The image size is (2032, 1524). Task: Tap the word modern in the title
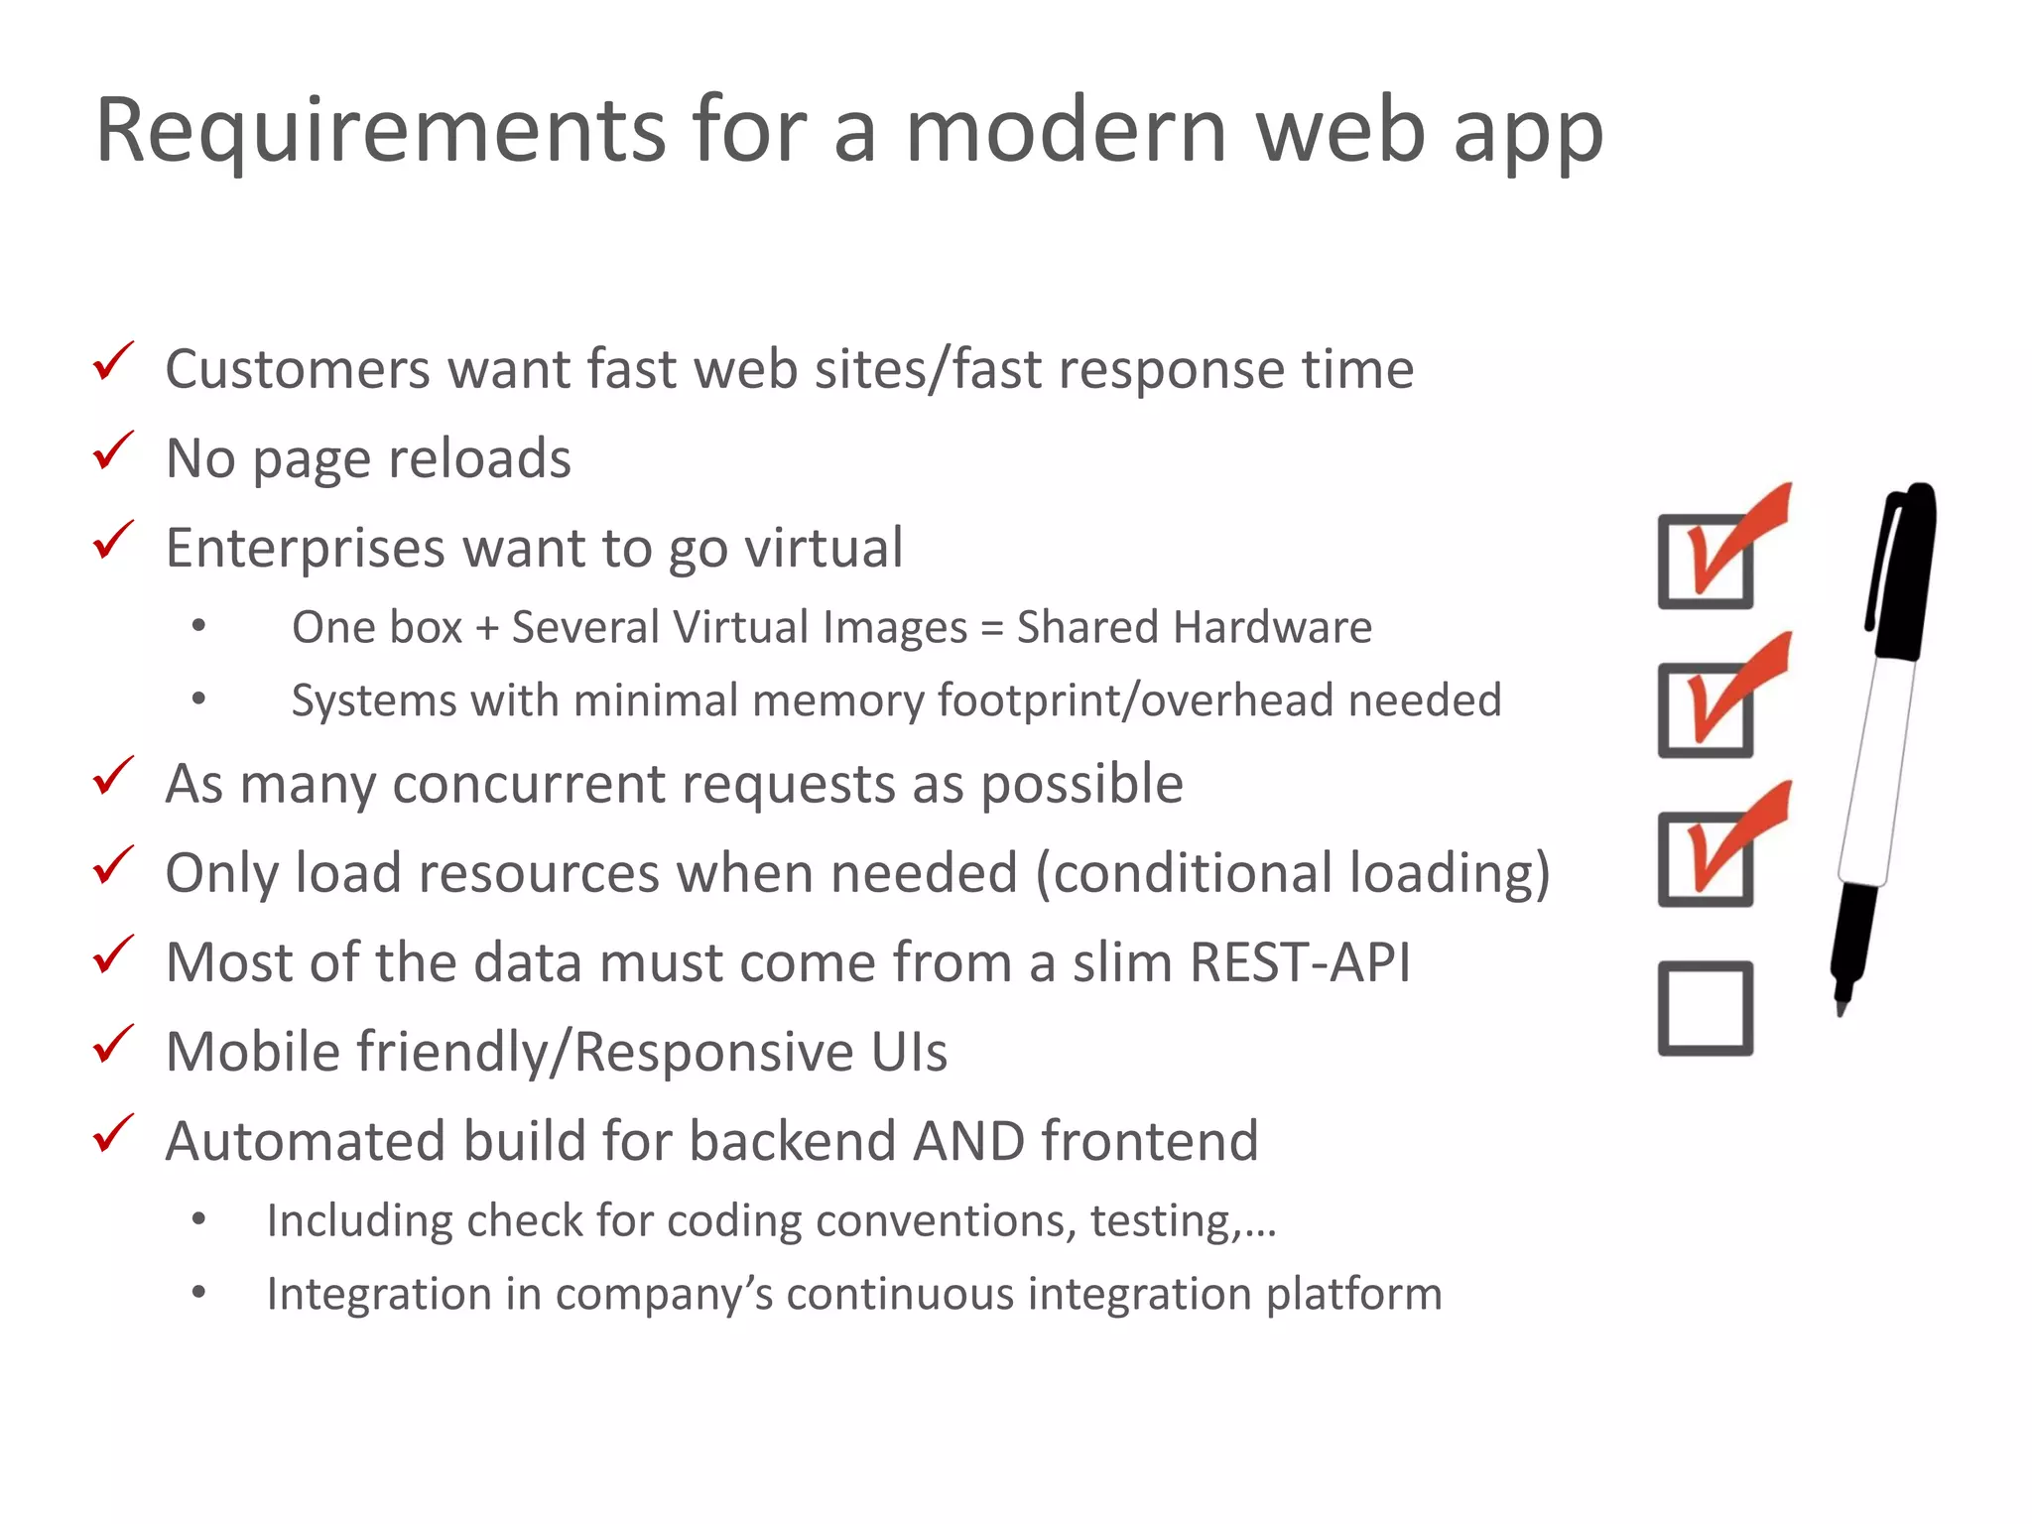pyautogui.click(x=1067, y=132)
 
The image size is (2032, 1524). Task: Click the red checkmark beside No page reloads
pyautogui.click(x=112, y=452)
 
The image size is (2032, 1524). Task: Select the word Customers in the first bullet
pyautogui.click(x=297, y=370)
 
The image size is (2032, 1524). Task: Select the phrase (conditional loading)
pyautogui.click(x=1292, y=874)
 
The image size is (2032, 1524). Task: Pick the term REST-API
pyautogui.click(x=1299, y=963)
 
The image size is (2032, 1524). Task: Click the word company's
pyautogui.click(x=668, y=1295)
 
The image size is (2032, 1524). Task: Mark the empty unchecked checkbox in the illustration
pyautogui.click(x=1705, y=1008)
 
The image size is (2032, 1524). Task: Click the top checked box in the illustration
pyautogui.click(x=1705, y=561)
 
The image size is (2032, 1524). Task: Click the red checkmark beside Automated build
pyautogui.click(x=112, y=1135)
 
